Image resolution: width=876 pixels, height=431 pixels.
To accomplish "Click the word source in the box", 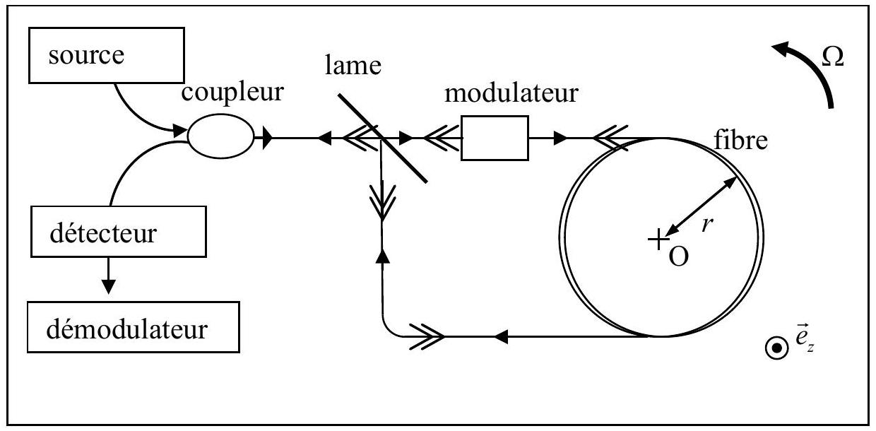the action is click(86, 56).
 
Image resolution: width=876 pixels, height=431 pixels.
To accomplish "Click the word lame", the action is click(353, 66).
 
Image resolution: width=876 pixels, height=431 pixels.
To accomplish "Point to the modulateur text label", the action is click(511, 93).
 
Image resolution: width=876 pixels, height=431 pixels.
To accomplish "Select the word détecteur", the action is click(103, 233).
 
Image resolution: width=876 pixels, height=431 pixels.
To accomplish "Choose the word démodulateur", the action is click(126, 329).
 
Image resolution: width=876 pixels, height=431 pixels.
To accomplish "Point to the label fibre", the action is click(740, 140).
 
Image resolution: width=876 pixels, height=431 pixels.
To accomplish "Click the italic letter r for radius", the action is click(707, 225).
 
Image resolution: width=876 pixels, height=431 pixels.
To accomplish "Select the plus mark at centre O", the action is click(658, 240).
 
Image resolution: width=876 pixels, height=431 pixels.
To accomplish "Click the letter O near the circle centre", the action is click(678, 257).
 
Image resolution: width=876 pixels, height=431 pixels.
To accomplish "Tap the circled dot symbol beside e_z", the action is click(776, 348).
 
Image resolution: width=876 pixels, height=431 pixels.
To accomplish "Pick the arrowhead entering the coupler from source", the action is click(179, 131).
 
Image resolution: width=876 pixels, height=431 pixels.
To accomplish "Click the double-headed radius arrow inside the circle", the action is click(700, 206).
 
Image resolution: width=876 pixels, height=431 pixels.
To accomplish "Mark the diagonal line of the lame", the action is click(383, 138).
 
